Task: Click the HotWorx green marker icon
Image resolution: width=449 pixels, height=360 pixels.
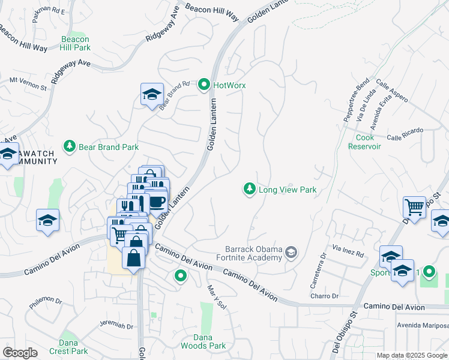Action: click(x=204, y=85)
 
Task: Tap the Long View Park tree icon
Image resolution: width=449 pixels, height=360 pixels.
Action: click(x=249, y=190)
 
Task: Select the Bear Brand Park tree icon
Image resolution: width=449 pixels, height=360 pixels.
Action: click(x=70, y=146)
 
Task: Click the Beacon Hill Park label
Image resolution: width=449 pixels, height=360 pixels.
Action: click(x=76, y=43)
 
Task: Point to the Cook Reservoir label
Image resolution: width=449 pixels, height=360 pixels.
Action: click(x=365, y=142)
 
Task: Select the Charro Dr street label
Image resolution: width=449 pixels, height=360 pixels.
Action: click(x=325, y=296)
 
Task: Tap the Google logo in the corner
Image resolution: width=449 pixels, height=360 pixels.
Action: click(x=20, y=353)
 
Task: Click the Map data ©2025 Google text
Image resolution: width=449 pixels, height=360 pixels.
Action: click(x=411, y=355)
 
